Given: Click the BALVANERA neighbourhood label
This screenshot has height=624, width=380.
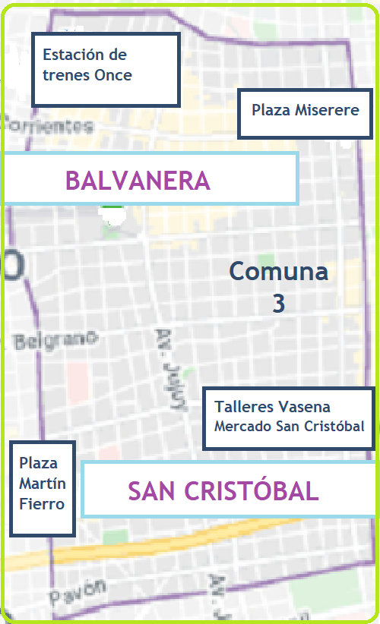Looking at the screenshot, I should tap(138, 181).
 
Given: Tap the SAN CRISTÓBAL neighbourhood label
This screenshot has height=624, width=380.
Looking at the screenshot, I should tap(223, 490).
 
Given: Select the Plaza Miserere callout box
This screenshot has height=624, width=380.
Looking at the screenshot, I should tap(305, 111).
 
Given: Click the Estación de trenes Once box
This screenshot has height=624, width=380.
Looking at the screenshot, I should tap(106, 69).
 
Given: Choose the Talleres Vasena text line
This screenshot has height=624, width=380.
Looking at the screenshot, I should tap(272, 408).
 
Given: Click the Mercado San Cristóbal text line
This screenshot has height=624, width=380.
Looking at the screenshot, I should tap(290, 425).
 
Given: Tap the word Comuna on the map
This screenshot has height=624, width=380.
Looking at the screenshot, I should tap(279, 271).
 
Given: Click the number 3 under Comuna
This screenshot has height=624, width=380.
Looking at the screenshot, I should tap(279, 303).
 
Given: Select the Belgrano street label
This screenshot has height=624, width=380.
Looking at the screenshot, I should tap(55, 339).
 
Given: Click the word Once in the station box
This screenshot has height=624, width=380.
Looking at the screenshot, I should tap(113, 75).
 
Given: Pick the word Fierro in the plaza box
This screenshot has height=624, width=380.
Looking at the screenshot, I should tap(43, 504).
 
